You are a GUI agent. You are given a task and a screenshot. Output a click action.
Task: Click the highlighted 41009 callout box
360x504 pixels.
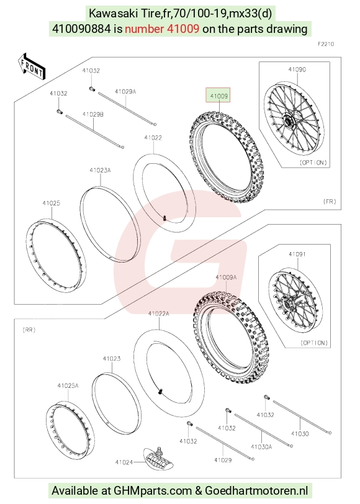click(x=218, y=96)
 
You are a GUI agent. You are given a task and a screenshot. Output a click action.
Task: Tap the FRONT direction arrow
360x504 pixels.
click(x=32, y=66)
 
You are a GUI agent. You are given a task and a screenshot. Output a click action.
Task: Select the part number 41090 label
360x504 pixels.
click(x=297, y=70)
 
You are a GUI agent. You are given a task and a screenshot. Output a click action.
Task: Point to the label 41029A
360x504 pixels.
click(x=125, y=92)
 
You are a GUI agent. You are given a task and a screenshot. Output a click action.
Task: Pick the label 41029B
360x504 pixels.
click(x=93, y=114)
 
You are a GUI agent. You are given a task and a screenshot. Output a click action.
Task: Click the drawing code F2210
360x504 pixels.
click(x=326, y=44)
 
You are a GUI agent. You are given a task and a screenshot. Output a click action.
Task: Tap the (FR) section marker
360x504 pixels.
click(x=330, y=202)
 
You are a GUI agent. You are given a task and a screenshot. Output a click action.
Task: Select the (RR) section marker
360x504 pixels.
click(x=29, y=330)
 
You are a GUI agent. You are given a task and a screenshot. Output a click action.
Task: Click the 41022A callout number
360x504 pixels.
click(x=158, y=313)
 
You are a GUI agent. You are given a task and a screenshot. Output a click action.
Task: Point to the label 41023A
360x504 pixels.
click(x=100, y=170)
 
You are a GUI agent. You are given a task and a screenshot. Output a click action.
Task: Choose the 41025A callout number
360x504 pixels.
click(x=68, y=385)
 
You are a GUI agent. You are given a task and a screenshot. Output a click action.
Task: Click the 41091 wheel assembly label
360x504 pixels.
click(x=297, y=254)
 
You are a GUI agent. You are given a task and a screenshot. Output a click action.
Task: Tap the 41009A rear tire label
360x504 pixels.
click(x=226, y=277)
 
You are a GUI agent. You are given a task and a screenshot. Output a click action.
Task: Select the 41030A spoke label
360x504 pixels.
click(x=261, y=447)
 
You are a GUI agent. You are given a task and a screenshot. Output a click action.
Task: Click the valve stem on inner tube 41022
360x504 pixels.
click(x=164, y=218)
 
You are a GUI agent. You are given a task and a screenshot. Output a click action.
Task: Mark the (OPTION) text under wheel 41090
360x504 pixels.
click(x=313, y=163)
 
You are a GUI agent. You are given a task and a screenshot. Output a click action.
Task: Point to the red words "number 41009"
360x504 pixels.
click(x=162, y=29)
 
